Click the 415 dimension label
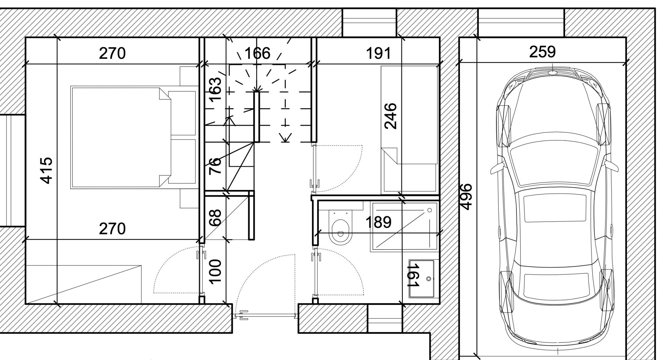tap(46, 171)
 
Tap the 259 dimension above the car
tap(542, 52)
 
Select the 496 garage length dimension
tap(466, 197)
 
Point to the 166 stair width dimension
tap(257, 54)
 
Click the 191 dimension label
tap(378, 54)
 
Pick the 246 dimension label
tap(390, 116)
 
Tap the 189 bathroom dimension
tap(379, 222)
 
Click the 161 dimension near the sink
tap(414, 275)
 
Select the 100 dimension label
tap(215, 272)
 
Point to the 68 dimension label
tap(215, 218)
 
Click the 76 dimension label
tap(215, 166)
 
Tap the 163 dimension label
tap(215, 89)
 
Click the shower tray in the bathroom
tap(404, 227)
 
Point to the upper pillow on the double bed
tap(182, 113)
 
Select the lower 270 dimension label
tap(112, 229)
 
